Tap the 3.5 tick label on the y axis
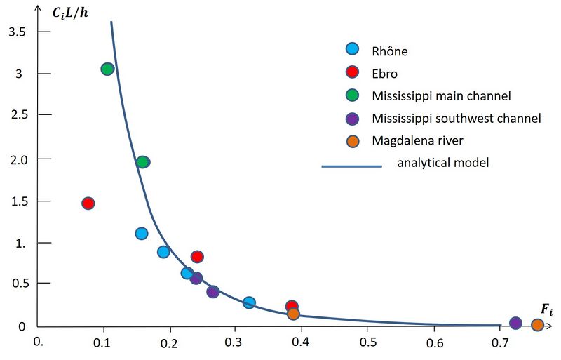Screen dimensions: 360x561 17,32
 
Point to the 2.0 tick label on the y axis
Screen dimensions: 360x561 17,159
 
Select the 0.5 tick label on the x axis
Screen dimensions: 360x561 367,343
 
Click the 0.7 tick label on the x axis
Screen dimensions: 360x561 499,343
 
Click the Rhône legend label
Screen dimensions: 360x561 389,51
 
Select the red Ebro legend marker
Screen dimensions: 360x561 353,72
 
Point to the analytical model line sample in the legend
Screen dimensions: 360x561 351,166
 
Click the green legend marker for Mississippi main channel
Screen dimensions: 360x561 353,95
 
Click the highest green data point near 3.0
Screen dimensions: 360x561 107,69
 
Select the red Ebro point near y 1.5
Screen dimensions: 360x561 88,204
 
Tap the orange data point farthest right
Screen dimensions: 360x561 537,325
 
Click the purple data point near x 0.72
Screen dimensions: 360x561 515,324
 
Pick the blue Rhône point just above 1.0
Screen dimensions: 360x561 141,234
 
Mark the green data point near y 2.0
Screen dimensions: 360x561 143,162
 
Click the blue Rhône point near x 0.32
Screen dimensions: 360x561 249,302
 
